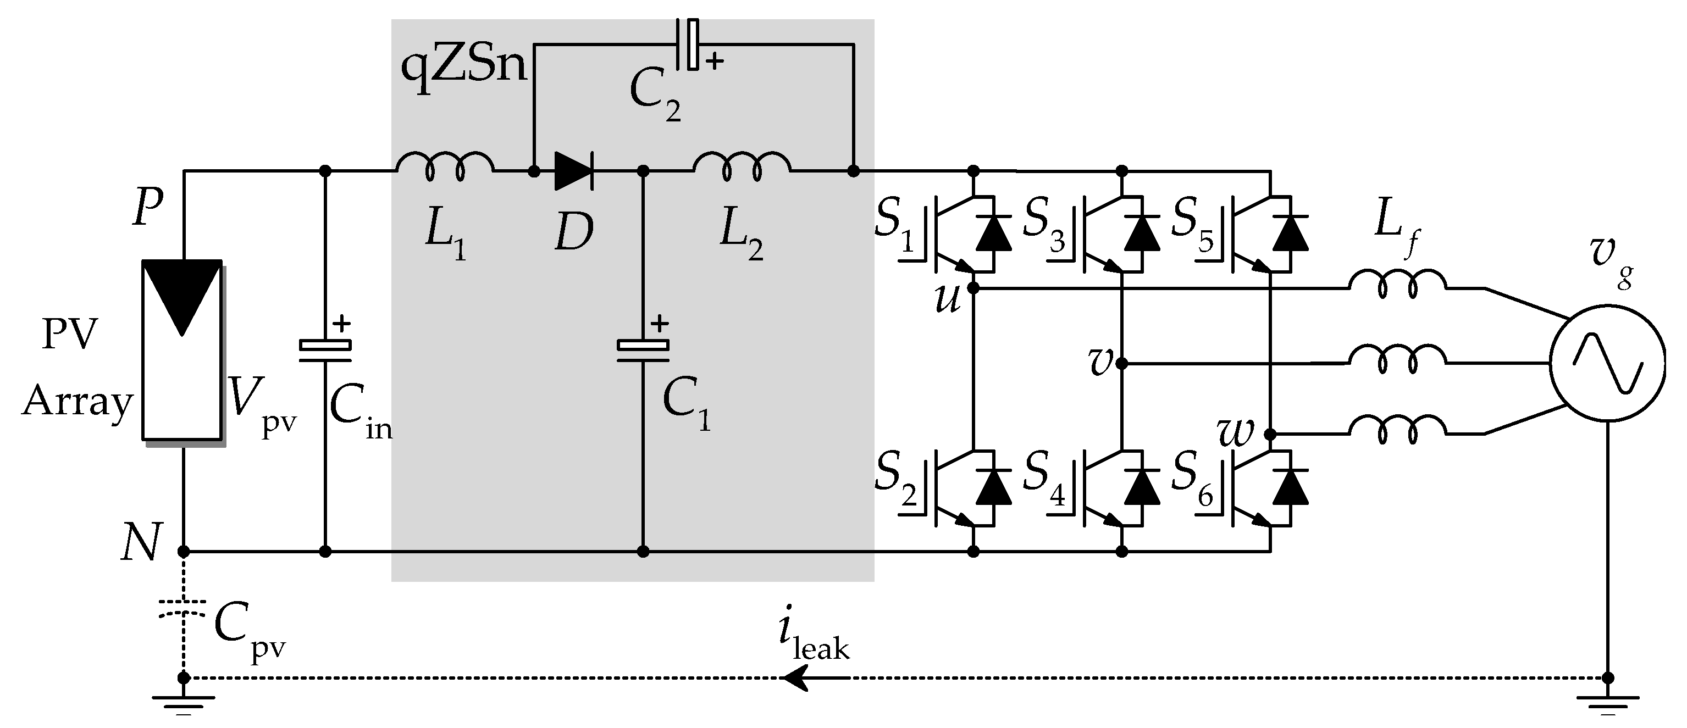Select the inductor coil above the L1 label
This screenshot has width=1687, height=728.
click(445, 165)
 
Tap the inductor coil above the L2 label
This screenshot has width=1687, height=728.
click(742, 165)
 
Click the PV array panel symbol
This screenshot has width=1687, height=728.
click(182, 350)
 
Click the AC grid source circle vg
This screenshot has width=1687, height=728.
click(1607, 363)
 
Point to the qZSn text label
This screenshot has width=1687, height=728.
click(463, 68)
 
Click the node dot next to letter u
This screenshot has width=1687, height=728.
click(973, 287)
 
